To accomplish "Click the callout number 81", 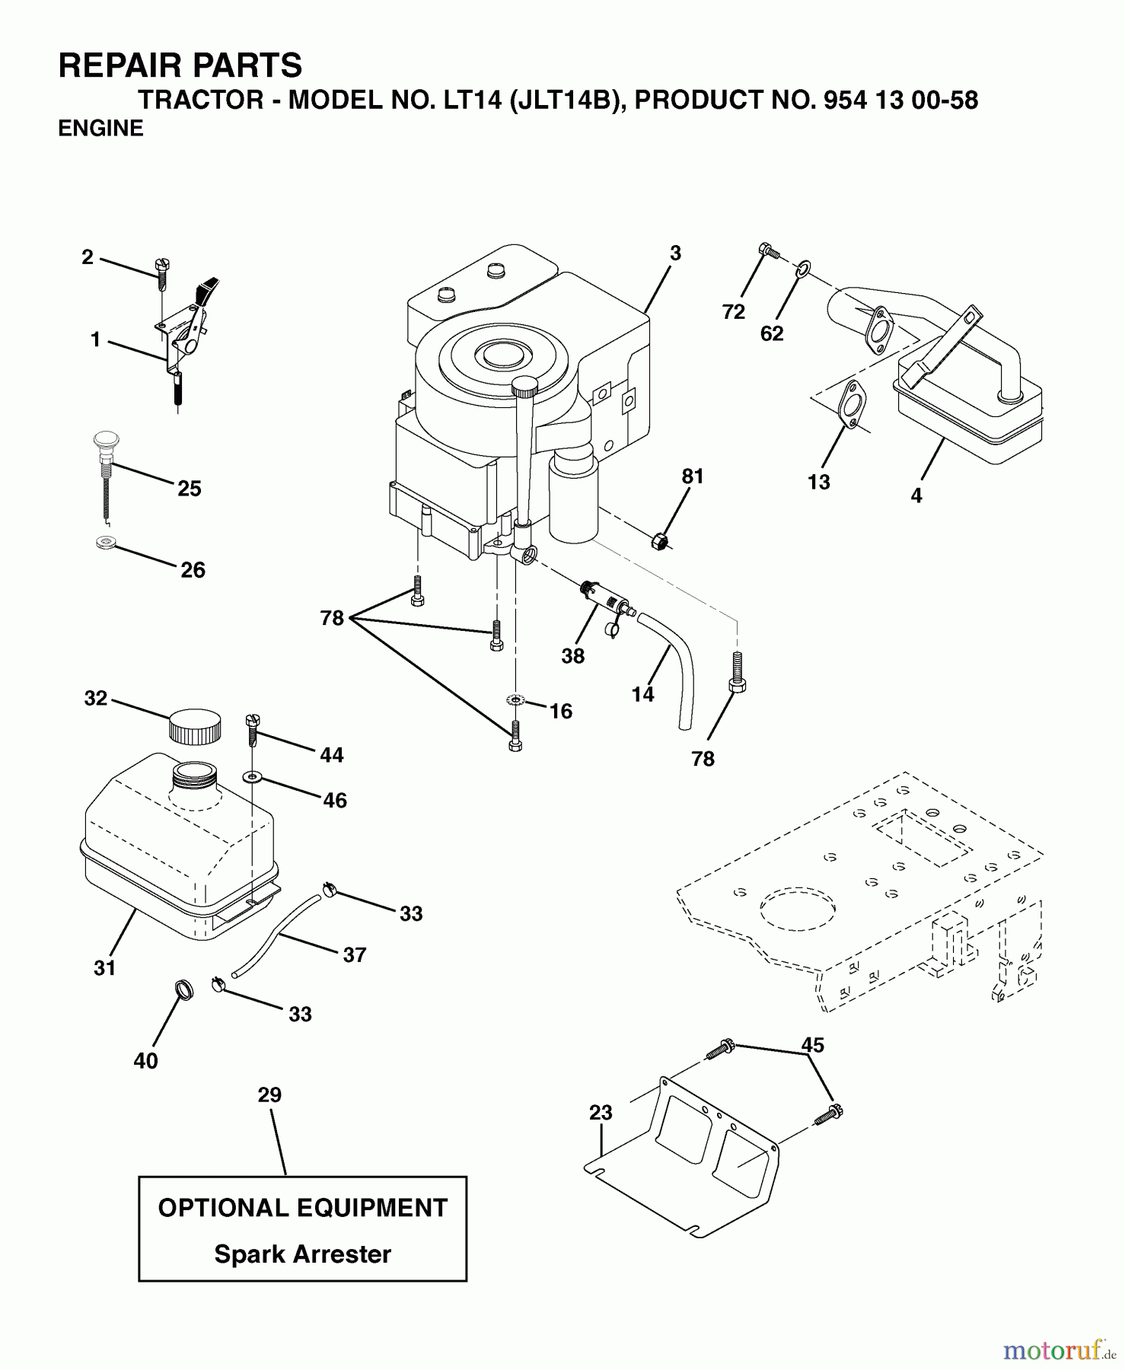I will click(693, 476).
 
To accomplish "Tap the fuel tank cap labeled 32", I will click(195, 726).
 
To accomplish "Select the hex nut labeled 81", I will click(661, 542).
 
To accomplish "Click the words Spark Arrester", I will click(302, 1254).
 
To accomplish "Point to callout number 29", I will click(269, 1095).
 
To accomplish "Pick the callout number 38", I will click(572, 656).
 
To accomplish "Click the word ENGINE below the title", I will click(100, 129).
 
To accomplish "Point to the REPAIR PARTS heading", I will click(180, 66).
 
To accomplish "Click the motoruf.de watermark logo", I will click(1058, 1349).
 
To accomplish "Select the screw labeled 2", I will click(162, 273).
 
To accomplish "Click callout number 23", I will click(601, 1113).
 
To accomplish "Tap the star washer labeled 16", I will click(516, 700).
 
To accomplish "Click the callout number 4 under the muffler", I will click(916, 495).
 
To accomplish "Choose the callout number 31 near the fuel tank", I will click(104, 968).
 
